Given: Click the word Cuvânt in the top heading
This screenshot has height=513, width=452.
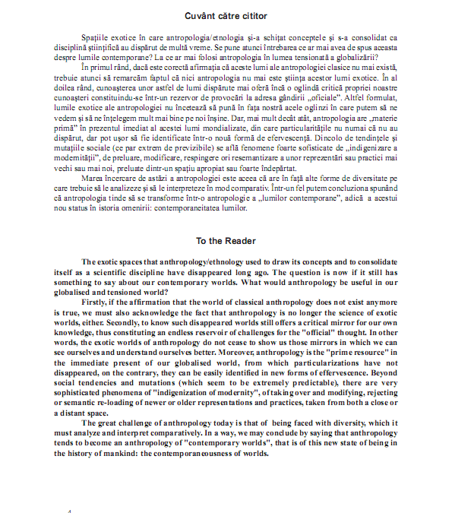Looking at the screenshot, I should click(x=200, y=15).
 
